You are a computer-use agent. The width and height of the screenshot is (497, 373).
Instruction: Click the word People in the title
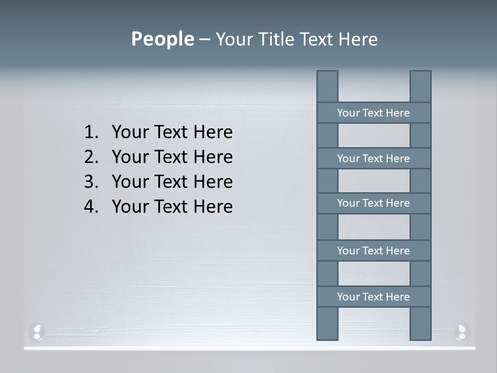[x=162, y=39]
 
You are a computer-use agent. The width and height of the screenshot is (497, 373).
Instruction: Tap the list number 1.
[x=91, y=133]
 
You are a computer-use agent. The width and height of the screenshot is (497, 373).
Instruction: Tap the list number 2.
[x=91, y=157]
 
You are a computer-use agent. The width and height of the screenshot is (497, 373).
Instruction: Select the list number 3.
[x=91, y=182]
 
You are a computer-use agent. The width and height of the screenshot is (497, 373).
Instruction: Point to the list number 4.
[x=91, y=207]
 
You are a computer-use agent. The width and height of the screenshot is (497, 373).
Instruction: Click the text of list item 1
[x=172, y=133]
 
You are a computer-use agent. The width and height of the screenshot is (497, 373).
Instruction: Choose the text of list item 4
[x=172, y=207]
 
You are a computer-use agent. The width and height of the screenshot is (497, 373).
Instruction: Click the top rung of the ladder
[x=373, y=113]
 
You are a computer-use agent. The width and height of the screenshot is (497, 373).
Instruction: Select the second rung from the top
[x=373, y=159]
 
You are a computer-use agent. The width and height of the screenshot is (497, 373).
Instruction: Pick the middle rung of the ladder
[x=373, y=203]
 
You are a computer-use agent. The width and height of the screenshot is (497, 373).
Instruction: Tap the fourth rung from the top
[x=373, y=251]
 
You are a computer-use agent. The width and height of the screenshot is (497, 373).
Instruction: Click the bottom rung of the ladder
[x=373, y=297]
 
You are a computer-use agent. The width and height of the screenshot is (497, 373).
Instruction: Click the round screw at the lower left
[x=37, y=332]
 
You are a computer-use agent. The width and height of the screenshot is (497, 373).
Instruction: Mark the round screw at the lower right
[x=461, y=332]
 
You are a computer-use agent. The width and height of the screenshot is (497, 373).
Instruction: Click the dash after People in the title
[x=204, y=40]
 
